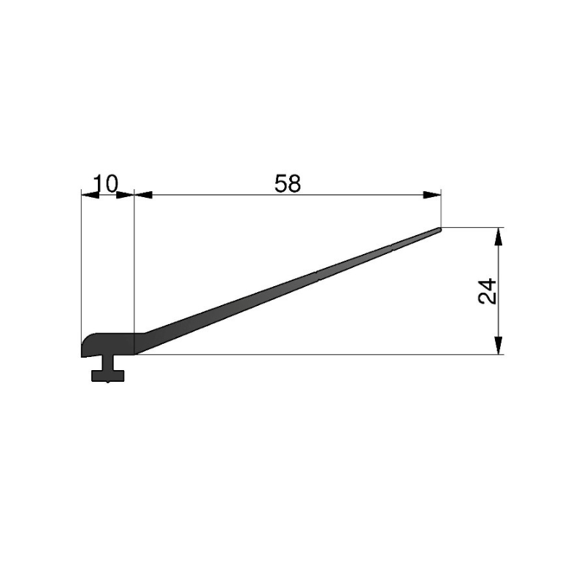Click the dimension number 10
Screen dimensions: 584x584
[x=105, y=183]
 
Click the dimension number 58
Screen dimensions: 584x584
[x=288, y=184]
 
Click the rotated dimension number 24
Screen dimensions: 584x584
[x=487, y=291]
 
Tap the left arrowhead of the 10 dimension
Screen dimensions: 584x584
[x=90, y=194]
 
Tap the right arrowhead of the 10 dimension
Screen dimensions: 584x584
[x=125, y=194]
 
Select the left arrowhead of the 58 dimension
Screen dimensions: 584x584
[x=143, y=194]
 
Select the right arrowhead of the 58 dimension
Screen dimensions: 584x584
[x=432, y=194]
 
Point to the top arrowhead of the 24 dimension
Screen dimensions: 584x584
[x=499, y=236]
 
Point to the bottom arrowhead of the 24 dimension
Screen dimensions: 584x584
[x=499, y=345]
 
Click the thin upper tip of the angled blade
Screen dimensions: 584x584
[x=440, y=229]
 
